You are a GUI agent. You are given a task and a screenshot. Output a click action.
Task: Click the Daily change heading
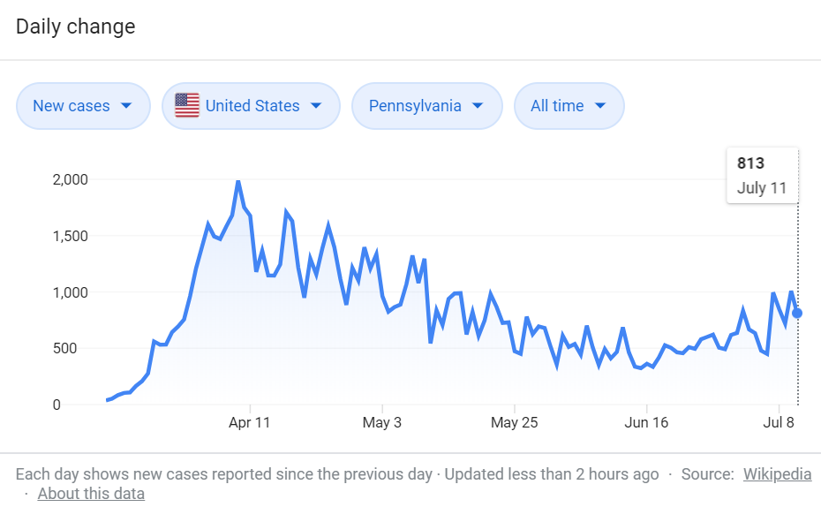pyautogui.click(x=75, y=26)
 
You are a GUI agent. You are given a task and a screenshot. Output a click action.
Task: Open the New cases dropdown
pyautogui.click(x=83, y=106)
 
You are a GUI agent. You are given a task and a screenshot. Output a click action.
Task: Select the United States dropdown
pyautogui.click(x=251, y=106)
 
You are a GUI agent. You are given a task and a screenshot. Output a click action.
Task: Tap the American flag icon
pyautogui.click(x=187, y=105)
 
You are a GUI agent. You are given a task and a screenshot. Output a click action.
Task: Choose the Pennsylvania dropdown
pyautogui.click(x=426, y=106)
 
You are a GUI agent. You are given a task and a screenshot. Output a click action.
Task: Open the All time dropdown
pyautogui.click(x=569, y=106)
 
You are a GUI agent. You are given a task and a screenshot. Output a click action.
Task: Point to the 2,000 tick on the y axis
pyautogui.click(x=70, y=179)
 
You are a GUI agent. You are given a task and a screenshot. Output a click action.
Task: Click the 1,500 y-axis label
pyautogui.click(x=70, y=236)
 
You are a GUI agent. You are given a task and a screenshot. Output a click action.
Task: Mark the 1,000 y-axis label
pyautogui.click(x=70, y=292)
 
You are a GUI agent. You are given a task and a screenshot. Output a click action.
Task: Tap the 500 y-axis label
pyautogui.click(x=65, y=348)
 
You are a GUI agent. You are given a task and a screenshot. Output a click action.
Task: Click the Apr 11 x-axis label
pyautogui.click(x=249, y=423)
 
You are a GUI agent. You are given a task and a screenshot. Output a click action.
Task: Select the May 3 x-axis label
pyautogui.click(x=381, y=423)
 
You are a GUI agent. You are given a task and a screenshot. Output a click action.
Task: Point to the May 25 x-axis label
pyautogui.click(x=514, y=423)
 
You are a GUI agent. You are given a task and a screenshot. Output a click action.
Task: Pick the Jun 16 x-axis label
pyautogui.click(x=646, y=423)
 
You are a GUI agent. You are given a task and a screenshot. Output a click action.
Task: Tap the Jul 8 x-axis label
pyautogui.click(x=779, y=423)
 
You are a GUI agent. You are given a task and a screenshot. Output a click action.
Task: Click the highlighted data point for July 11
pyautogui.click(x=797, y=314)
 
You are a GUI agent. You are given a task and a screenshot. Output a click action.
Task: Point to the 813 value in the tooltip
pyautogui.click(x=751, y=163)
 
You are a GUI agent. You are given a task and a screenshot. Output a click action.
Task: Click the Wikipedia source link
pyautogui.click(x=777, y=474)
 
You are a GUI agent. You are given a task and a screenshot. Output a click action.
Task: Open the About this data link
pyautogui.click(x=91, y=494)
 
